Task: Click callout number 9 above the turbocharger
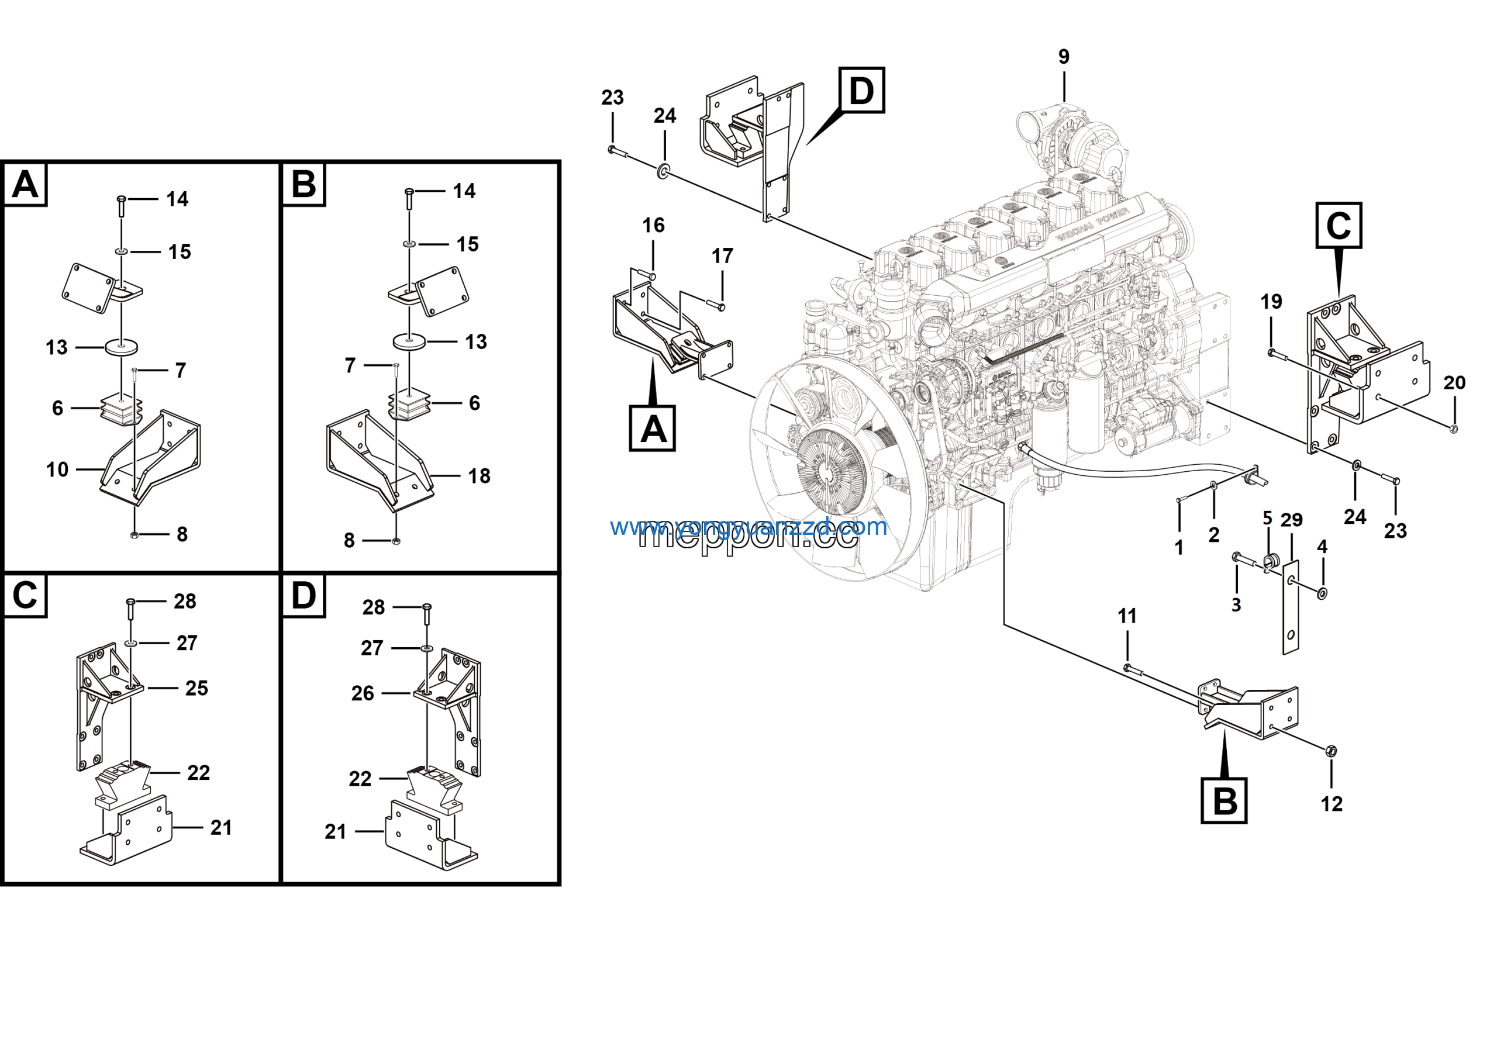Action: pyautogui.click(x=1064, y=57)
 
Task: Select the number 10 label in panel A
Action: pyautogui.click(x=57, y=469)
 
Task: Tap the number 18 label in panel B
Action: pyautogui.click(x=480, y=476)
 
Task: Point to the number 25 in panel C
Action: pyautogui.click(x=196, y=688)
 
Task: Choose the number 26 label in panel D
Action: pyautogui.click(x=363, y=693)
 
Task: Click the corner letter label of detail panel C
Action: pyautogui.click(x=25, y=596)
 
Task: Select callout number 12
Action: pyautogui.click(x=1332, y=804)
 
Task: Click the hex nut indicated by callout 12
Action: pyautogui.click(x=1332, y=751)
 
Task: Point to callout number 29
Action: pyautogui.click(x=1292, y=520)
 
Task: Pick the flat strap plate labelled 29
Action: pyautogui.click(x=1291, y=606)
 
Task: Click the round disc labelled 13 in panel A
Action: pyautogui.click(x=121, y=347)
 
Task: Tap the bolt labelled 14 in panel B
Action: pyautogui.click(x=409, y=198)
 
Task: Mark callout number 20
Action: pyautogui.click(x=1454, y=382)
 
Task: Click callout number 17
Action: pyautogui.click(x=722, y=256)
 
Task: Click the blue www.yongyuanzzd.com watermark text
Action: pyautogui.click(x=748, y=527)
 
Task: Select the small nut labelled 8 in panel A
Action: pyautogui.click(x=134, y=535)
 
